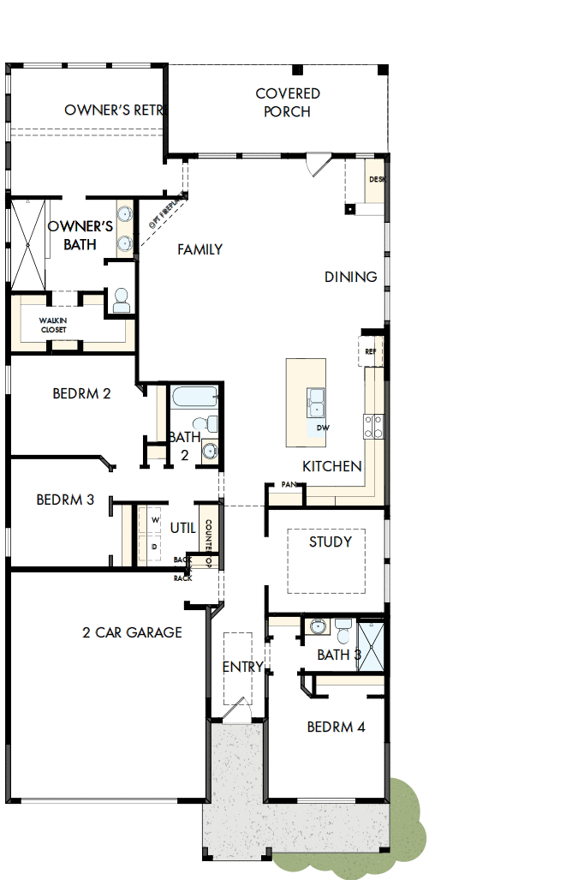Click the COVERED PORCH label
(x=287, y=103)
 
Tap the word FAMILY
(x=200, y=249)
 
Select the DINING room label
(x=350, y=277)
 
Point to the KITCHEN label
(x=332, y=466)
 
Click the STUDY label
(x=331, y=542)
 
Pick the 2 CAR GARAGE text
(x=132, y=632)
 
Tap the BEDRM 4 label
(x=336, y=727)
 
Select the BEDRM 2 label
(x=81, y=394)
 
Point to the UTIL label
(x=183, y=528)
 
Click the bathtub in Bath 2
(x=194, y=398)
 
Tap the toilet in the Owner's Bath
(x=121, y=299)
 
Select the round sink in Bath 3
(x=318, y=627)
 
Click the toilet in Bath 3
(x=343, y=632)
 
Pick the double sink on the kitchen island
(x=315, y=401)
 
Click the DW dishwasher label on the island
(x=322, y=427)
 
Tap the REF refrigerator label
(x=371, y=351)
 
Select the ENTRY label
(x=242, y=667)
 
